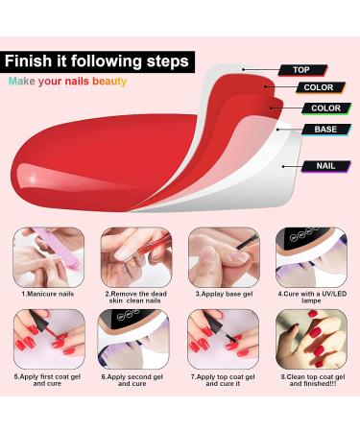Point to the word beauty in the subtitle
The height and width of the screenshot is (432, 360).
point(108,82)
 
